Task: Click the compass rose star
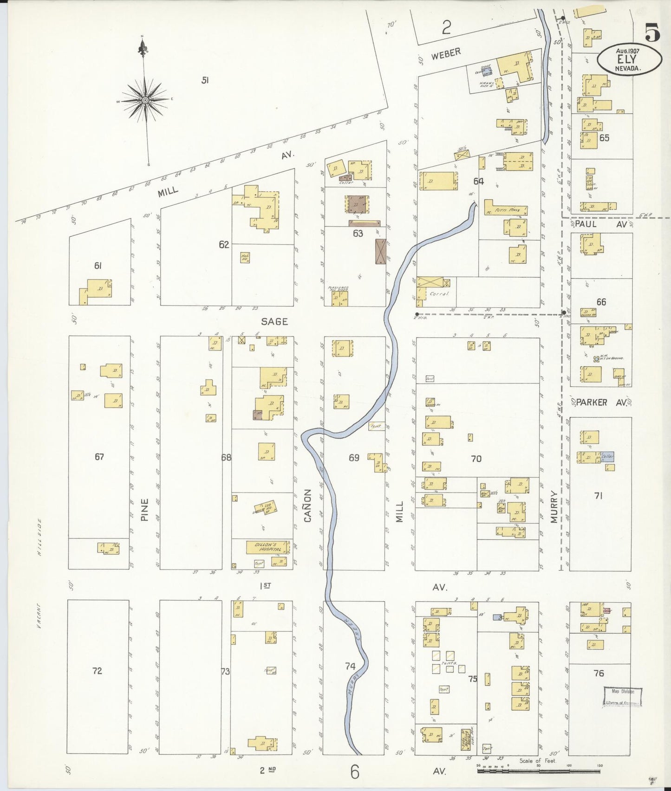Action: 145,100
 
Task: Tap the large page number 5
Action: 652,33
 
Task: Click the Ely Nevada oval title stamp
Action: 629,59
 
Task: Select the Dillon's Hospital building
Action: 267,547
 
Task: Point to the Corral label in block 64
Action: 439,294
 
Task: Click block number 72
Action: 97,671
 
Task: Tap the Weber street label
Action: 445,54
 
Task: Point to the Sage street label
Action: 274,321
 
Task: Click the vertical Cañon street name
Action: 307,506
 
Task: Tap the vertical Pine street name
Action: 145,509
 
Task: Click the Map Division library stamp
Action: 623,696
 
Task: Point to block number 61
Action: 98,266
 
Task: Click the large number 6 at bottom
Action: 355,772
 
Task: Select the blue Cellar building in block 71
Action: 608,457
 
